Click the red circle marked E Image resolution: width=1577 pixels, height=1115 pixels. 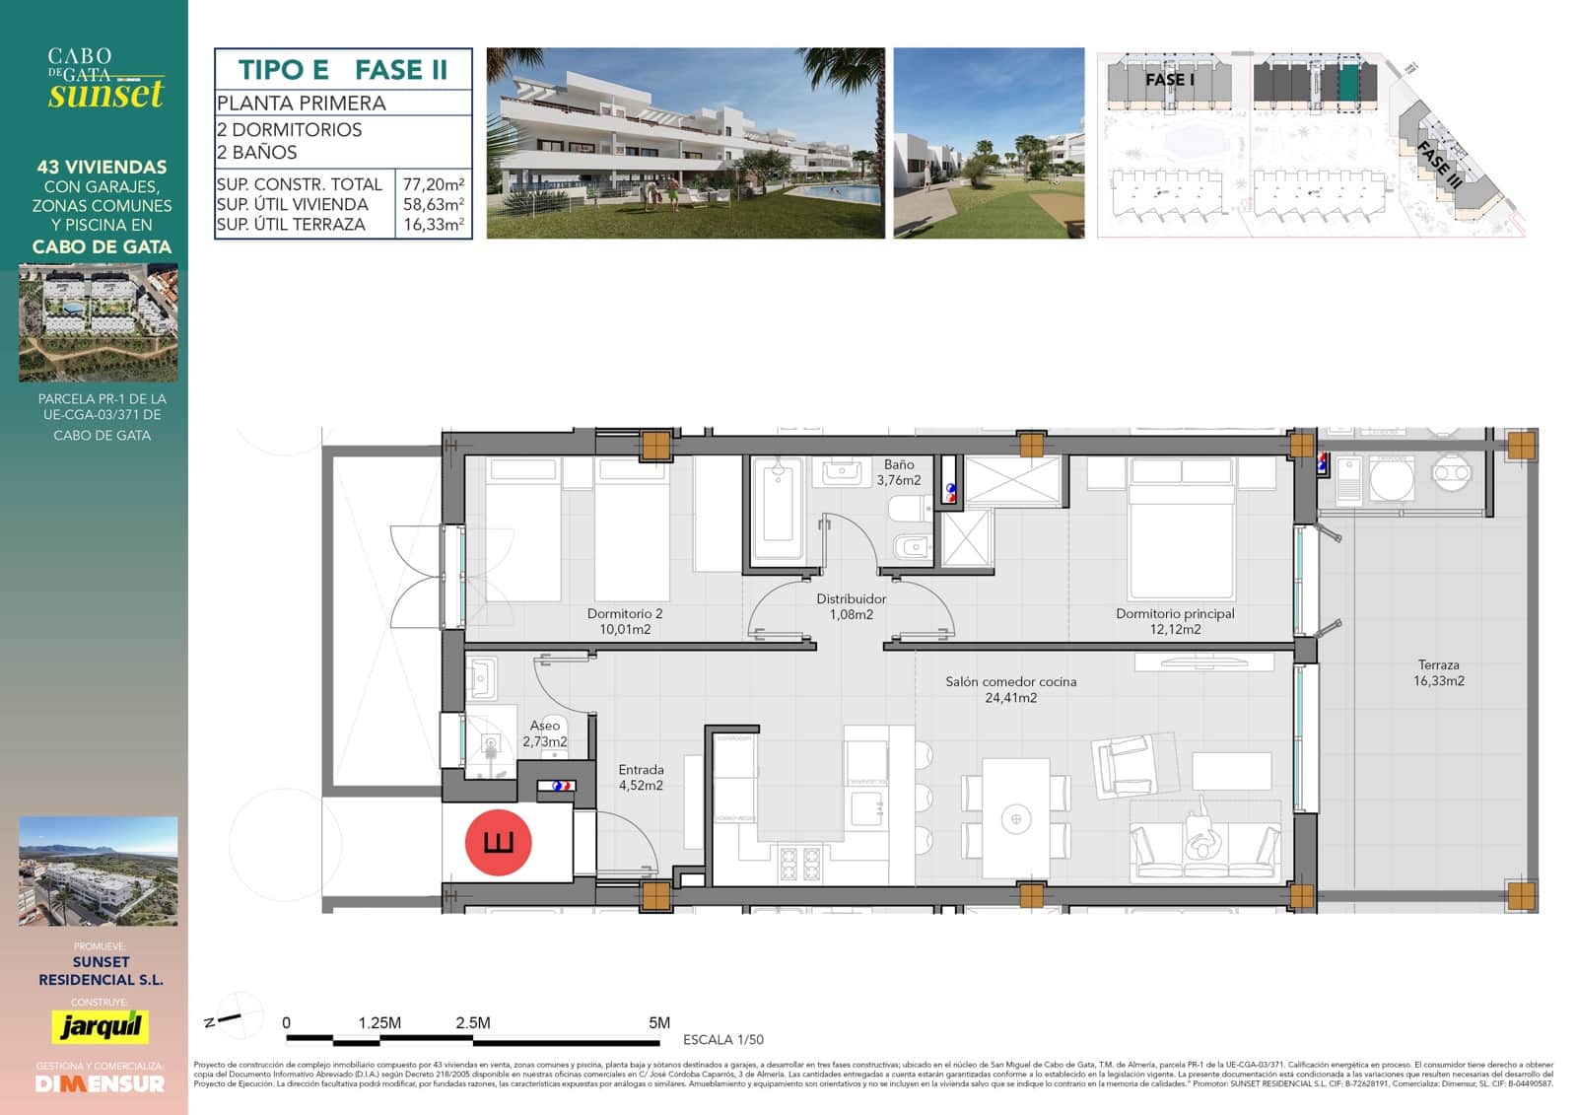[499, 843]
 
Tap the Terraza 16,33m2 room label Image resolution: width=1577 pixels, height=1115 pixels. [1438, 673]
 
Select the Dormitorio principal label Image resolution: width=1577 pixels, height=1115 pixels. [1175, 621]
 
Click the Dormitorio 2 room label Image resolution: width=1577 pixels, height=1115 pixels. [625, 621]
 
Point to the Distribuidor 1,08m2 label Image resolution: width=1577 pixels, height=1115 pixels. [851, 606]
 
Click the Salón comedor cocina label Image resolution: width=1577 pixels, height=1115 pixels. [1010, 689]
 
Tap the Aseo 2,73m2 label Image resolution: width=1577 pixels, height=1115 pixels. [545, 733]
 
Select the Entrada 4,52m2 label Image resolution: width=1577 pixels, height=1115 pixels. [641, 777]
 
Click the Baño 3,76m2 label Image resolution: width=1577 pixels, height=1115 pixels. [899, 472]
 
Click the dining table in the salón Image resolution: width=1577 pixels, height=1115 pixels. [1016, 817]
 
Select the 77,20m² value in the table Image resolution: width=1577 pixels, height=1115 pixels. [434, 184]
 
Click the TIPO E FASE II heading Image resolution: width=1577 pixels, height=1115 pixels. [343, 70]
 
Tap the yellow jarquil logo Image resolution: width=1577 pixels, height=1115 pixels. [101, 1026]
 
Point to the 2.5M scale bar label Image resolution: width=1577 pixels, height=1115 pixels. [473, 1022]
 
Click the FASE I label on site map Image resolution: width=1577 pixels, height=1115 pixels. [1169, 79]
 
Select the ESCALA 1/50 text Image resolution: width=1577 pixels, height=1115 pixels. [722, 1039]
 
